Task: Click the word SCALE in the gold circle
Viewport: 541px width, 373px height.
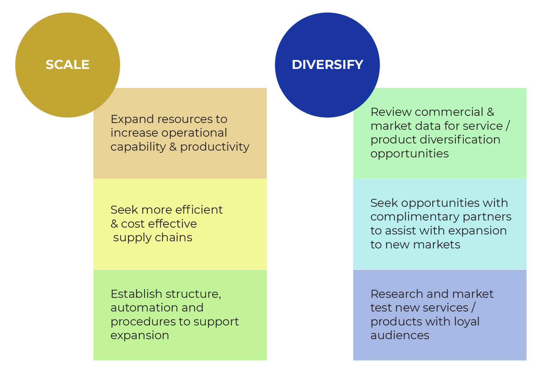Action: click(68, 65)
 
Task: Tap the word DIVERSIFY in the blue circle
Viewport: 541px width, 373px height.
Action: click(327, 65)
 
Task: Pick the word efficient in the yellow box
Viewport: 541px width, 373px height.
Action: click(199, 210)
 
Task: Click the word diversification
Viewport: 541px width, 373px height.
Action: click(460, 140)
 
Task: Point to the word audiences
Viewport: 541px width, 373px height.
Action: click(400, 335)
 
